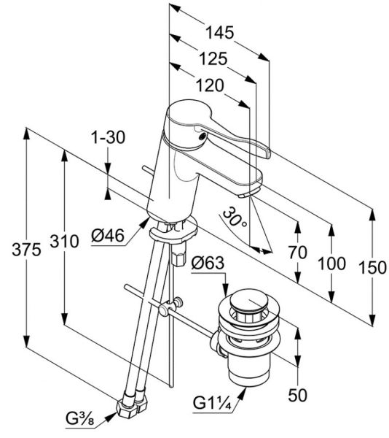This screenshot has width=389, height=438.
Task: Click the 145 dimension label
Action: point(219,33)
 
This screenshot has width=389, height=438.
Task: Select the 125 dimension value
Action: point(213,59)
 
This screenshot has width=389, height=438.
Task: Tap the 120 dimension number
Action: point(210,85)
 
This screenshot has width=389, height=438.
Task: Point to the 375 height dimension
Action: point(26,250)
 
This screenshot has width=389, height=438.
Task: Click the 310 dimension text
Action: point(64,242)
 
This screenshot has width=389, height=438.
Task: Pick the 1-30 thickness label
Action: point(109,137)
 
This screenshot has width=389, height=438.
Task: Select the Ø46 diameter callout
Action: point(108,236)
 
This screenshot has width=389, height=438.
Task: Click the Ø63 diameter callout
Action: point(208,263)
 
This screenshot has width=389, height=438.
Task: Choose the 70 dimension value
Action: point(298,253)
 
